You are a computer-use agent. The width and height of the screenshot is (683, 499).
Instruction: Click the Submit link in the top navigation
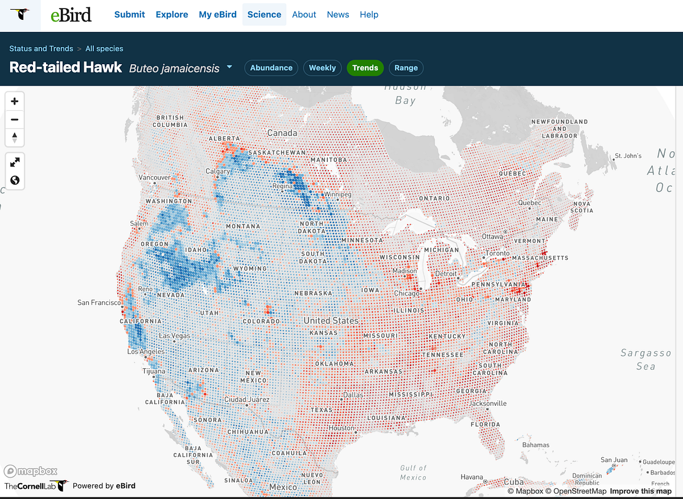click(130, 15)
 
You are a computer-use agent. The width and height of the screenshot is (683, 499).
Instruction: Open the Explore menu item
click(172, 15)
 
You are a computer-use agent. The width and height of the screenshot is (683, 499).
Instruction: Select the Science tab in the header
click(264, 15)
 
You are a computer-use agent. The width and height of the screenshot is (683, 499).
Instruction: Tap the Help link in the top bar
click(369, 15)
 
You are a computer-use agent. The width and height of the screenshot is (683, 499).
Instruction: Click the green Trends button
click(365, 68)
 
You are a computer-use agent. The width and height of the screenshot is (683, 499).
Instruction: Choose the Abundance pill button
click(271, 68)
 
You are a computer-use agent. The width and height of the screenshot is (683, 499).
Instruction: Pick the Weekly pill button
click(322, 68)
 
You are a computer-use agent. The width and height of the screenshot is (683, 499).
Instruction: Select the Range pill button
click(406, 68)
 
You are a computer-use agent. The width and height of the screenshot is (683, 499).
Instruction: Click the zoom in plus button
click(15, 102)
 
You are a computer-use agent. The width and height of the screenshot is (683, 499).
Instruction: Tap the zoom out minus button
click(15, 120)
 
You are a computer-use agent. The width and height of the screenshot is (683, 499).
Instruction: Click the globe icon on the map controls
click(15, 180)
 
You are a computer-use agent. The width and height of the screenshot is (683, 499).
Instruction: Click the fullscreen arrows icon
click(15, 163)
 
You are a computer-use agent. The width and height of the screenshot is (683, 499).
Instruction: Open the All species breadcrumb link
click(104, 49)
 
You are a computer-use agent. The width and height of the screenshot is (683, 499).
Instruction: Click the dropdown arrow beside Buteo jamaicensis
click(229, 67)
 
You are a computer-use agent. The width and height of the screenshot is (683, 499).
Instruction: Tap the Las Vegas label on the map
click(174, 336)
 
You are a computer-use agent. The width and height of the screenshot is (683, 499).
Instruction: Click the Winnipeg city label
click(338, 194)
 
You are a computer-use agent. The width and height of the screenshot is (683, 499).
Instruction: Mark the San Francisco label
click(99, 303)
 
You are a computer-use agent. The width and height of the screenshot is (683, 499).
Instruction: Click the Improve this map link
click(640, 491)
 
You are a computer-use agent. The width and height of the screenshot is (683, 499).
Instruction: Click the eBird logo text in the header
click(71, 15)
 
